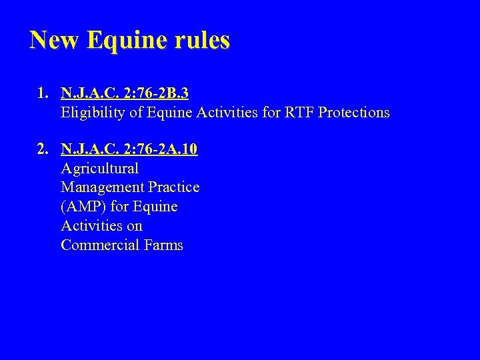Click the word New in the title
click(x=55, y=40)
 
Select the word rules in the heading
click(x=203, y=40)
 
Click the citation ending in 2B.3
click(x=124, y=93)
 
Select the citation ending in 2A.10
click(x=129, y=149)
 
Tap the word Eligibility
click(x=92, y=113)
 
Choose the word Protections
click(x=354, y=112)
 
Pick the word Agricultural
click(x=99, y=169)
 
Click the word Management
click(x=101, y=187)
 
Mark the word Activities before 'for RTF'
click(x=229, y=112)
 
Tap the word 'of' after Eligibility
click(x=135, y=112)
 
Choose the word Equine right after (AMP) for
click(x=155, y=207)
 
